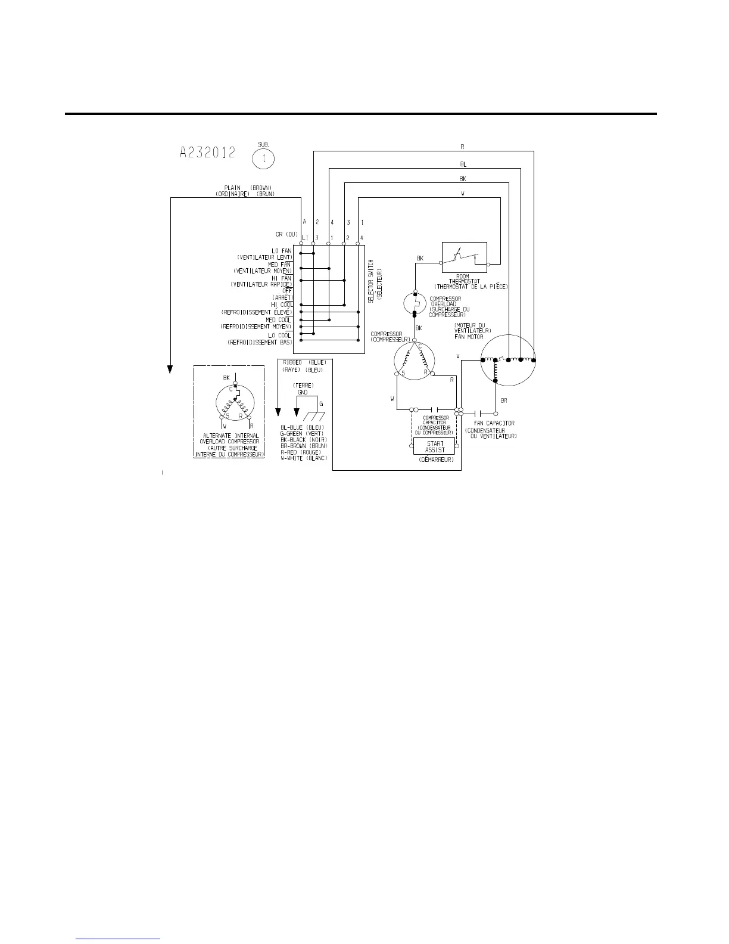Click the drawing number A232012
pos(207,153)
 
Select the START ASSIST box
pos(435,446)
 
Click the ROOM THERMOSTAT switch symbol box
pos(465,257)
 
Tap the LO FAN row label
pos(282,251)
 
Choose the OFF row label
pos(287,291)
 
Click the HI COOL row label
pos(282,305)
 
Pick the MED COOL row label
pos(278,320)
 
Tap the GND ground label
pos(303,393)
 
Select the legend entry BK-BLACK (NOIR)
pos(304,440)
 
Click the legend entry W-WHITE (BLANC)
pos(304,458)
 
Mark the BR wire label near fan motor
pos(504,401)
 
